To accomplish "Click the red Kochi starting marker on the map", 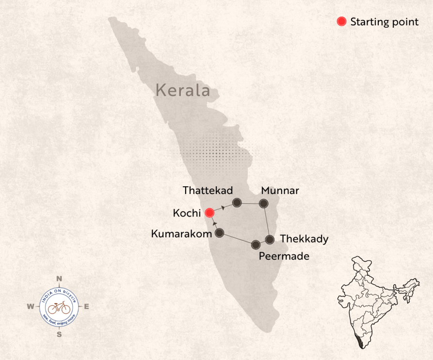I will [x=209, y=213].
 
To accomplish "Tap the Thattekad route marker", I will [x=237, y=202].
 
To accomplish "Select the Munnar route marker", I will [x=263, y=204].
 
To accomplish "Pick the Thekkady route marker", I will [x=270, y=239].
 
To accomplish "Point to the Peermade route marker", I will [x=256, y=244].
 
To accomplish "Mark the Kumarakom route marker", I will [x=219, y=233].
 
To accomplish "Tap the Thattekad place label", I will [x=208, y=190].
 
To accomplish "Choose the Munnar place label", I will [x=280, y=190].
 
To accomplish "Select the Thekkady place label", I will [x=304, y=239].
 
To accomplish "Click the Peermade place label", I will [x=284, y=256].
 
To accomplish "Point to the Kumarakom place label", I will [x=181, y=234].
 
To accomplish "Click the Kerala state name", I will [x=183, y=90].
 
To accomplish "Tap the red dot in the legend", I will [x=341, y=21].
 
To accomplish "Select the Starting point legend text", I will [x=384, y=22].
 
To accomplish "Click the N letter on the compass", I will [x=59, y=278].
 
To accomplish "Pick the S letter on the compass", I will [x=59, y=334].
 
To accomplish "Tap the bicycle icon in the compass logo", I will [x=59, y=307].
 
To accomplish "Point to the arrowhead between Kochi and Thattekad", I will [x=223, y=208].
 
